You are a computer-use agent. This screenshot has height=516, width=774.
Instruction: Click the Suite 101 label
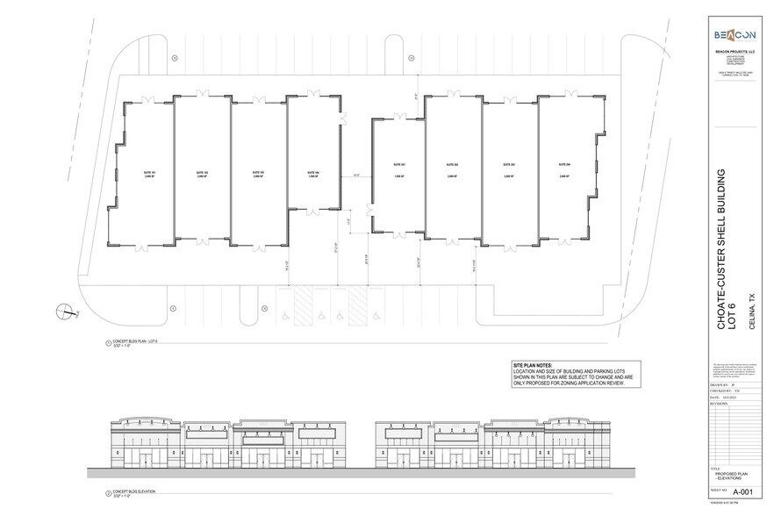(150, 173)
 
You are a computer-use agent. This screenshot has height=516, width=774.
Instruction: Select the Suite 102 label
(203, 173)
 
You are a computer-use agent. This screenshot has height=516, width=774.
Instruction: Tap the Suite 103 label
(258, 173)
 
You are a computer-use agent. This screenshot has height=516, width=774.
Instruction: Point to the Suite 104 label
(313, 173)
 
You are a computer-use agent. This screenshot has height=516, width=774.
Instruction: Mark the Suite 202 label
(453, 166)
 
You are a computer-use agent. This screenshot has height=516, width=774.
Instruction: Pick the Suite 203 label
(509, 166)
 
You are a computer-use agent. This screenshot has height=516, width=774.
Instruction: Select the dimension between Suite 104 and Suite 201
(355, 176)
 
